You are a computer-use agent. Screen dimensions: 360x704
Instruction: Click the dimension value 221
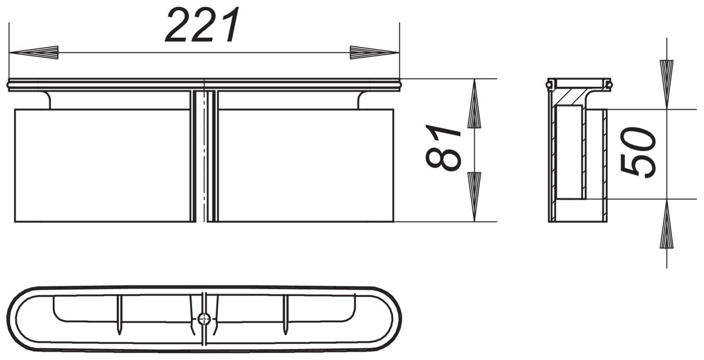[x=203, y=26]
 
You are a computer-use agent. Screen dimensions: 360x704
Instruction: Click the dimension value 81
[x=443, y=147]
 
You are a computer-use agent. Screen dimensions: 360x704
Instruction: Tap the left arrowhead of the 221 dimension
[x=34, y=52]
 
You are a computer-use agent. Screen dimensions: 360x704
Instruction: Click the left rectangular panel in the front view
[x=102, y=166]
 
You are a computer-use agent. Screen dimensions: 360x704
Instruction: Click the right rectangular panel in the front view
[x=305, y=166]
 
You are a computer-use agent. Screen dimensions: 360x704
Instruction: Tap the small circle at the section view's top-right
[x=609, y=83]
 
